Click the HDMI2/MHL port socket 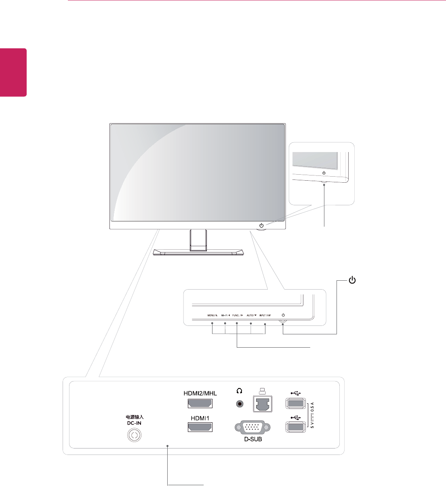click(200, 403)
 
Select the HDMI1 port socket click(200, 427)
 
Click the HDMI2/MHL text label click(200, 393)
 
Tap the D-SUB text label click(253, 439)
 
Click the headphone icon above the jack click(239, 391)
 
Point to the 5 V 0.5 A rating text click(312, 415)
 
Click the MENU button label click(212, 315)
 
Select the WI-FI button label click(225, 315)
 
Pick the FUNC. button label click(238, 315)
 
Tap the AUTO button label click(251, 315)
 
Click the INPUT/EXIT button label click(265, 315)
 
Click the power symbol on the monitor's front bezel click(262, 225)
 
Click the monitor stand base click(198, 252)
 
